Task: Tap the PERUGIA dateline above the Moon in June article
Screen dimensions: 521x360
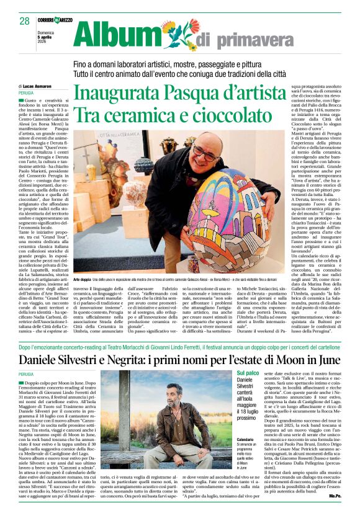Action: (26, 375)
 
